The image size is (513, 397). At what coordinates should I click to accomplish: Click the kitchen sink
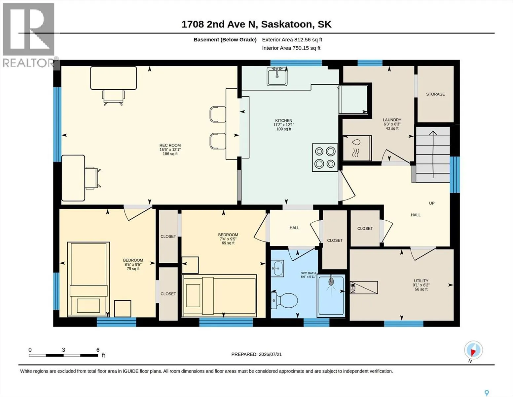point(277,76)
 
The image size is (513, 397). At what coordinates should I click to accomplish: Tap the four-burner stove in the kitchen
point(325,157)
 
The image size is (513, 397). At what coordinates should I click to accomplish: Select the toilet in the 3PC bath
point(284,300)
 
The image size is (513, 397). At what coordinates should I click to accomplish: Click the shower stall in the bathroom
point(331,295)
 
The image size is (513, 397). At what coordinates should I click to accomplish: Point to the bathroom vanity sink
point(277,268)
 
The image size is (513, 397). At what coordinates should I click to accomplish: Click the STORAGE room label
point(435,94)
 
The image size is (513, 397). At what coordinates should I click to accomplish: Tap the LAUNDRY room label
point(392,120)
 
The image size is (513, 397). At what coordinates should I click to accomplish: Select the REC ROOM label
point(170,146)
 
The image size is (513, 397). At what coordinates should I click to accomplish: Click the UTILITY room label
point(421,281)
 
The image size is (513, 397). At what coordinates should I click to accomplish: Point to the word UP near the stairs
point(431,203)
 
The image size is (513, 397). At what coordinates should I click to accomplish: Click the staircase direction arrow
point(433,154)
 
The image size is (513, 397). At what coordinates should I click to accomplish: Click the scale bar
point(63,355)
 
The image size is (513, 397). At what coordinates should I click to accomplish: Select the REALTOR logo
point(29,35)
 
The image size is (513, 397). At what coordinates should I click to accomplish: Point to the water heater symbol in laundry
point(357,148)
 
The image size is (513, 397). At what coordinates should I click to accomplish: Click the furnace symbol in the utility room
point(364,287)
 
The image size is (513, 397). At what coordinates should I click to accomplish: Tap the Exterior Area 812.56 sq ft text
point(292,40)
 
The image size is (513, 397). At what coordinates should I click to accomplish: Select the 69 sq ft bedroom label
point(228,243)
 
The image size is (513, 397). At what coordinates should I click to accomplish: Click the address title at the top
point(256,24)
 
